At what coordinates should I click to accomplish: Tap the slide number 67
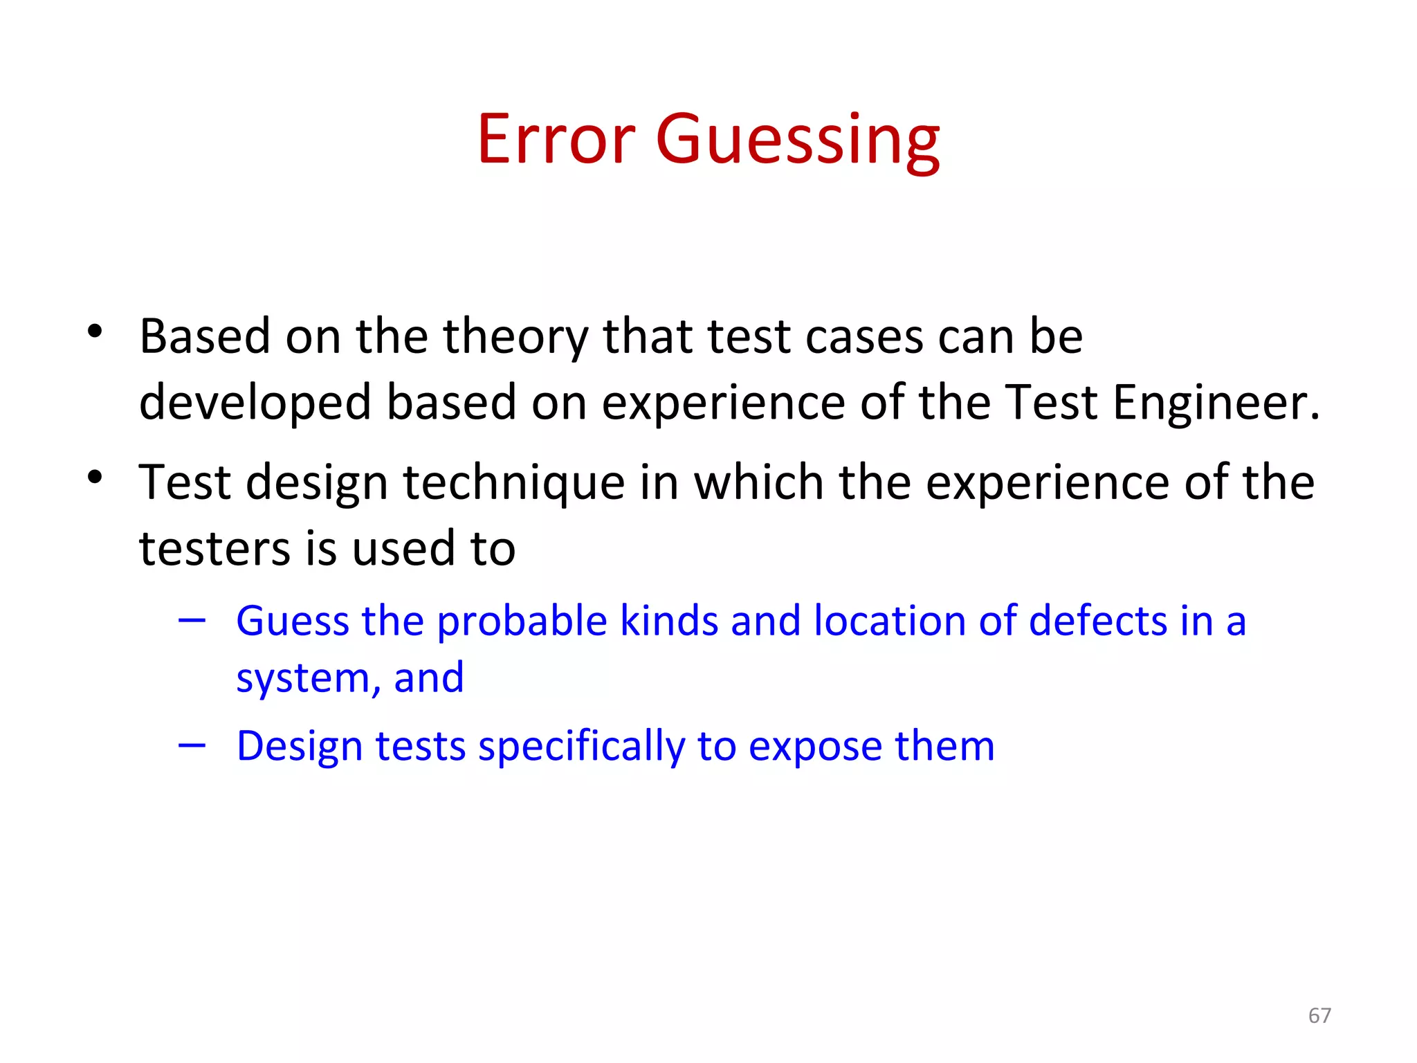coord(1319,1015)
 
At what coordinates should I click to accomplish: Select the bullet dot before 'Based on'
coord(95,331)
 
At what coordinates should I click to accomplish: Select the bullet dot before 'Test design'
coord(95,477)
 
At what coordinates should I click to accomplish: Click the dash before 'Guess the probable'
coord(192,621)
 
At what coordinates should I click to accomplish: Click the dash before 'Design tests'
coord(192,745)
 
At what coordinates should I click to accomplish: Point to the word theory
coord(515,337)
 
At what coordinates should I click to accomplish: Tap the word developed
coord(255,403)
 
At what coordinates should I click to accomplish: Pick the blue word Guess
coord(291,621)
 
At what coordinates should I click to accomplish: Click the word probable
coord(522,621)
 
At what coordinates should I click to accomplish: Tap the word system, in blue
coord(308,678)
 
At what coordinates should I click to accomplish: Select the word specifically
coord(580,747)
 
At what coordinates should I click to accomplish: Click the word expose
coord(814,747)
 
